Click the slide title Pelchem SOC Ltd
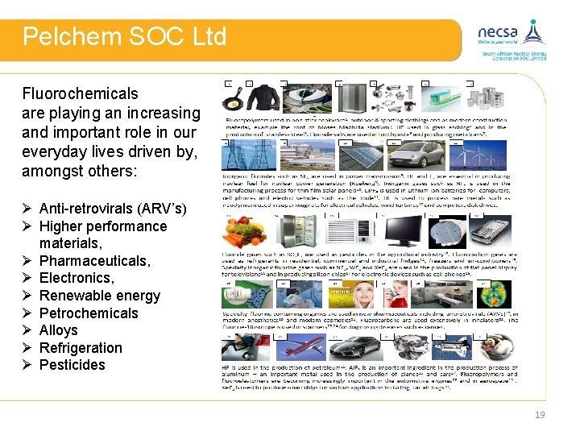click(x=124, y=37)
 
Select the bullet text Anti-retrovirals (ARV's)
click(x=112, y=209)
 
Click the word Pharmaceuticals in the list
click(x=94, y=261)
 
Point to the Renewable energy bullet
click(x=99, y=296)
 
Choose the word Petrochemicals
click(x=89, y=313)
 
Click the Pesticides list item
click(x=72, y=365)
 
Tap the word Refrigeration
click(x=81, y=348)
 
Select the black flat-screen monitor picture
click(x=400, y=234)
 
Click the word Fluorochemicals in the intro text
click(x=80, y=93)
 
